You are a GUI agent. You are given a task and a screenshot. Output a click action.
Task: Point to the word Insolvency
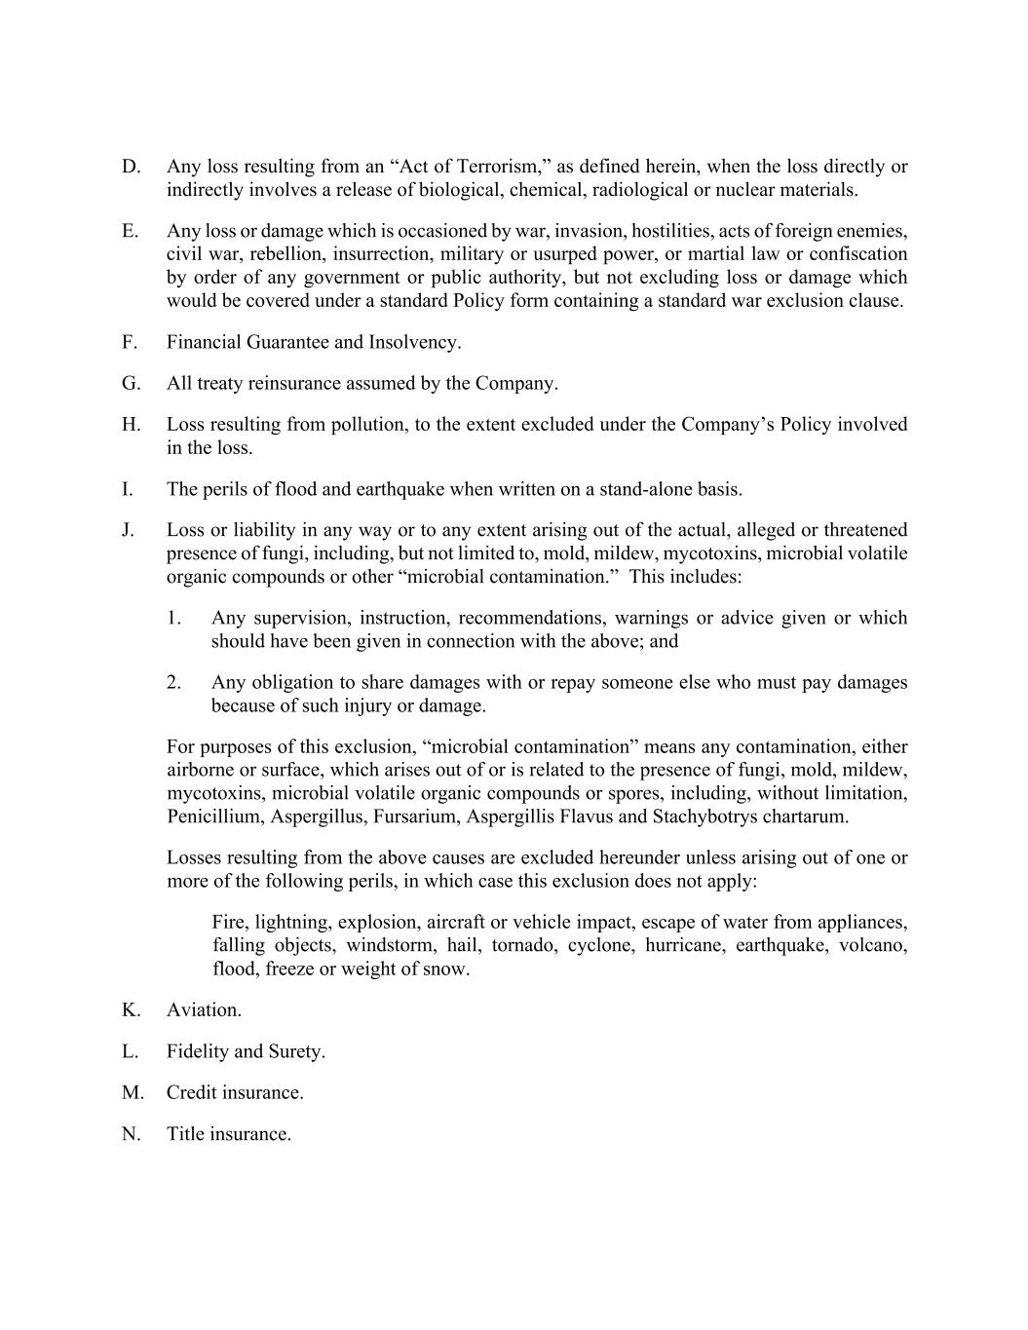414,342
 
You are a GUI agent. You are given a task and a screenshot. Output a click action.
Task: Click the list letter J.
128,530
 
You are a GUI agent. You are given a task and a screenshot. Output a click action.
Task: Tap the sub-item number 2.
173,682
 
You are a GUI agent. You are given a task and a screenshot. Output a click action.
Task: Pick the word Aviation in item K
204,1009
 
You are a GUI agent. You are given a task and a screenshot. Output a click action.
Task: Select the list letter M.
132,1092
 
